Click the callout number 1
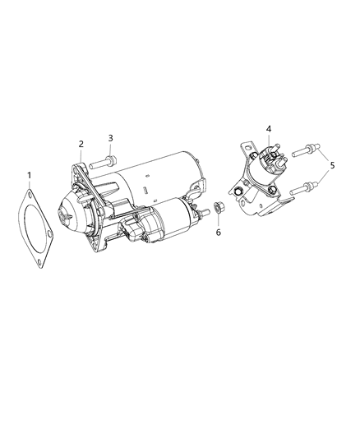pyautogui.click(x=29, y=175)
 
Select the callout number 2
pyautogui.click(x=81, y=144)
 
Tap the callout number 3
pyautogui.click(x=111, y=138)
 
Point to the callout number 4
pyautogui.click(x=269, y=129)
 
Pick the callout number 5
pyautogui.click(x=332, y=165)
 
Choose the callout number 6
pyautogui.click(x=219, y=232)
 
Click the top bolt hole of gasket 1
pyautogui.click(x=30, y=194)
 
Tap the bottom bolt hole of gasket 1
pyautogui.click(x=39, y=262)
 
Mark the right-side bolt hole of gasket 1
pyautogui.click(x=49, y=233)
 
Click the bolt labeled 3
pyautogui.click(x=103, y=163)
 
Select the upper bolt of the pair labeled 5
pyautogui.click(x=306, y=150)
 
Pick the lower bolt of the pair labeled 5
pyautogui.click(x=304, y=188)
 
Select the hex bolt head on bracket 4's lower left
pyautogui.click(x=238, y=191)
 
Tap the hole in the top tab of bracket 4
pyautogui.click(x=246, y=146)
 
